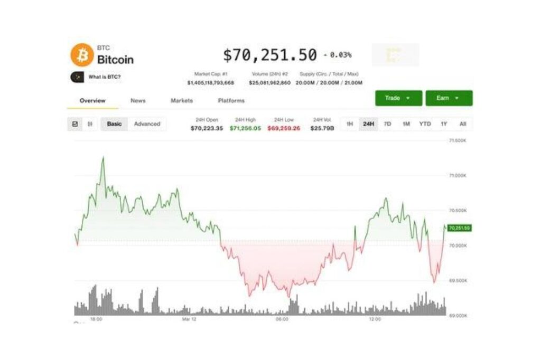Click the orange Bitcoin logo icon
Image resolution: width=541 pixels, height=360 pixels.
82,55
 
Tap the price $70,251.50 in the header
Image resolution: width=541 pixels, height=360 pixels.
269,55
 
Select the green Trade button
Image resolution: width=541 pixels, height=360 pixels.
398,98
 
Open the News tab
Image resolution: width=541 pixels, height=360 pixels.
138,100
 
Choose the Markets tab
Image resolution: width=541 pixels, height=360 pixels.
182,100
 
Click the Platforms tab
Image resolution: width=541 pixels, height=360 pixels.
231,100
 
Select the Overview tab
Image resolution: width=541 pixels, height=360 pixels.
92,100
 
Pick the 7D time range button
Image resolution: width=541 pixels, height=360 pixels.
387,124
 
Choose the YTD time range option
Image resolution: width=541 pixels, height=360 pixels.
425,124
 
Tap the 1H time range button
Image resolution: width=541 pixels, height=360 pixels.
350,124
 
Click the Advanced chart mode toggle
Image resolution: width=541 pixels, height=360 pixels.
147,124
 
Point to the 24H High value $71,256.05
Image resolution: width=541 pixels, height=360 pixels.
245,128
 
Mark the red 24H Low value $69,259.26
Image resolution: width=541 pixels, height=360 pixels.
284,128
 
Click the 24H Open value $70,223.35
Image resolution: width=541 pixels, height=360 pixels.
207,128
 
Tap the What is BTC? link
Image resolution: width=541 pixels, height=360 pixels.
104,77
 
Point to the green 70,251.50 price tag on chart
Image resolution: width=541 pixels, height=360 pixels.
459,228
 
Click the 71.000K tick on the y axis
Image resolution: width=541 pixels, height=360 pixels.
457,175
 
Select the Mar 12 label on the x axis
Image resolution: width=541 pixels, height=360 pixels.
189,319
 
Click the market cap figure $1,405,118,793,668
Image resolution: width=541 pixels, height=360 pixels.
210,83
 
